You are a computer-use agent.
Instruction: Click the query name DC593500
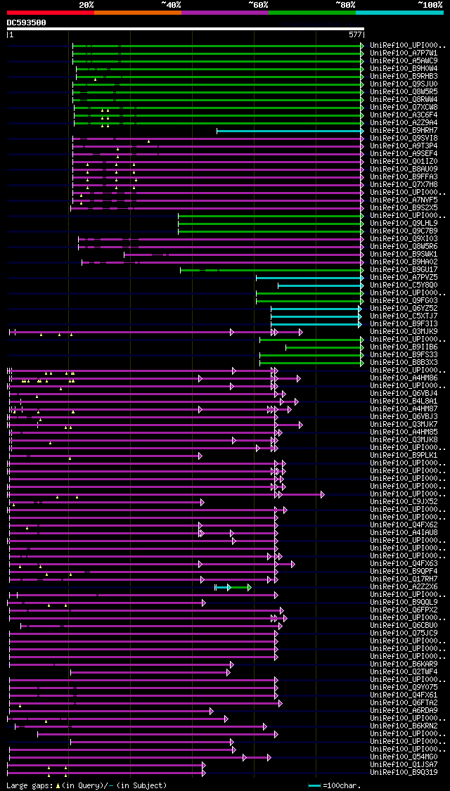[27, 22]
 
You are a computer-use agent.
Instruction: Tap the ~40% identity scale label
[171, 4]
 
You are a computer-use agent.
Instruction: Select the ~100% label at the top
[430, 4]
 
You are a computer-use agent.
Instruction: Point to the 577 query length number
[355, 34]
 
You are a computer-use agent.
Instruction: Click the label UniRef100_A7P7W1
[404, 53]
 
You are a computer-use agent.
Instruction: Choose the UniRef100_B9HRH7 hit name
[404, 130]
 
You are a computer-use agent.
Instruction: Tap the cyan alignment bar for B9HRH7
[288, 131]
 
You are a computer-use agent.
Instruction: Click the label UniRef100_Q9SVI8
[404, 138]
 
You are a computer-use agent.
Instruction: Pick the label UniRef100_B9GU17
[404, 269]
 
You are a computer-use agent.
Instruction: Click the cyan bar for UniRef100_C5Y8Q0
[319, 285]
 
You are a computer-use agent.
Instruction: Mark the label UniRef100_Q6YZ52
[404, 308]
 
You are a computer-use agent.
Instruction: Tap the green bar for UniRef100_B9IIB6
[323, 347]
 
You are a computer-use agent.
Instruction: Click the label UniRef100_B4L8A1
[404, 401]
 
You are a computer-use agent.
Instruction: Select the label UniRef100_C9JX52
[404, 502]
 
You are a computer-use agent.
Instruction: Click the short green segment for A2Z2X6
[240, 587]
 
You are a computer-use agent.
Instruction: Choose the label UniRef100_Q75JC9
[404, 633]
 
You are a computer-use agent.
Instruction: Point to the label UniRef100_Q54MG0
[404, 757]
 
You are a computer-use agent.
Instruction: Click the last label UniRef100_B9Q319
[404, 772]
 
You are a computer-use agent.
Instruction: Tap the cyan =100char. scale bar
[314, 785]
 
